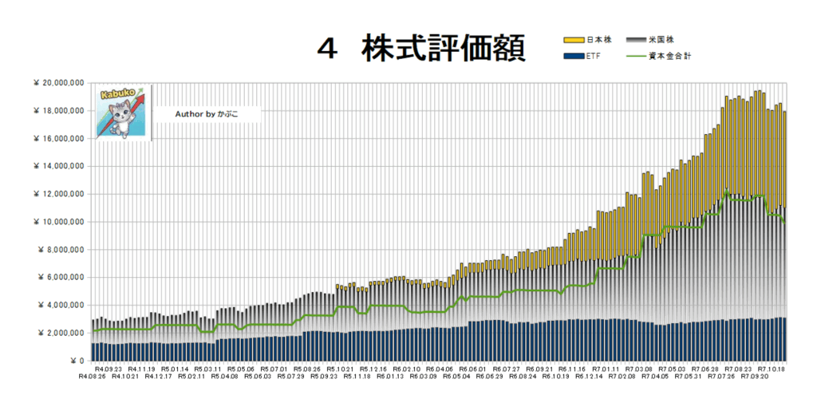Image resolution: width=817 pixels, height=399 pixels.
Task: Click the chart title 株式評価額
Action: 443,49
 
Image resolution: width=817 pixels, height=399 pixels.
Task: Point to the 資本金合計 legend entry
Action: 673,57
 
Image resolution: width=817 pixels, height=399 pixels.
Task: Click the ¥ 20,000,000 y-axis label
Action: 60,83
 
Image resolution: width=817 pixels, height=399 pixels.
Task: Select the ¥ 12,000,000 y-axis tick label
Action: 60,194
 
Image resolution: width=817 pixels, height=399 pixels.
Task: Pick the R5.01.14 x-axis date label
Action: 175,369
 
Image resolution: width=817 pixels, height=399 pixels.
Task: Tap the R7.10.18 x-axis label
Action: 772,369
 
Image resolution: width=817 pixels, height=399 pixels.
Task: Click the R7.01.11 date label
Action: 606,369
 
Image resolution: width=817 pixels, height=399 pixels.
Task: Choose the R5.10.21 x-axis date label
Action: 340,369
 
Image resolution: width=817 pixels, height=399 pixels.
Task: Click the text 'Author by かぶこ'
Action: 206,114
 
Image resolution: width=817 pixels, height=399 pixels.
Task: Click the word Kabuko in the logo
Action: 113,95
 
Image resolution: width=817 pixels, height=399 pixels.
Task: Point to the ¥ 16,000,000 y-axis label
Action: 60,139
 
